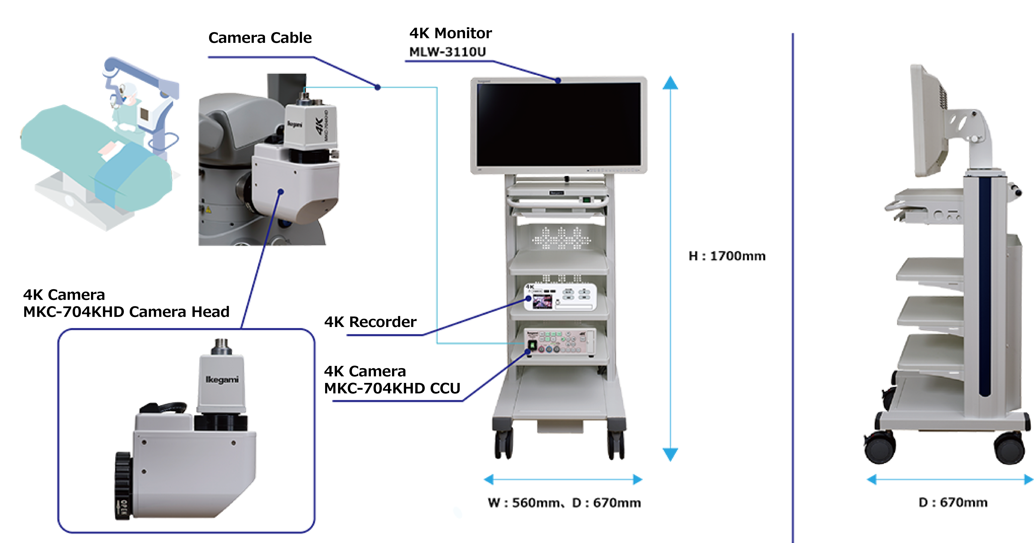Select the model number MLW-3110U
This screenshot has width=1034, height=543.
point(447,52)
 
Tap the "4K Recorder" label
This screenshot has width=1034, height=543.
point(370,322)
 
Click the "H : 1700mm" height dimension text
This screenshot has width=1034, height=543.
point(727,256)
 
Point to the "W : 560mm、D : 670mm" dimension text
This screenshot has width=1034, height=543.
point(564,503)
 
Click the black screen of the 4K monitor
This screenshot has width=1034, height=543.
point(558,124)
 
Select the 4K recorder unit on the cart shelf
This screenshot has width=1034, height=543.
point(560,297)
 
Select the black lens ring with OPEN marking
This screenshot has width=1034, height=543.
point(123,486)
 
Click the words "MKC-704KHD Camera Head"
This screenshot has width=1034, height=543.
point(126,312)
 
